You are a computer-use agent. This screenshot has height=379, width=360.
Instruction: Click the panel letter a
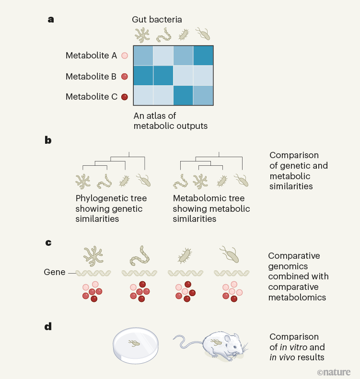tap(50, 20)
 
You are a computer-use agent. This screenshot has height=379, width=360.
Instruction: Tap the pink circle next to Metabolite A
tap(125, 56)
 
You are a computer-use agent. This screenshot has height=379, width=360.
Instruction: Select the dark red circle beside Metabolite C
tap(125, 97)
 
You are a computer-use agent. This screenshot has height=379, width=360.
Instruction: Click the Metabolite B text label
tap(91, 76)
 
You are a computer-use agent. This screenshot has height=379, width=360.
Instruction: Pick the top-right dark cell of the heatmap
tap(203, 56)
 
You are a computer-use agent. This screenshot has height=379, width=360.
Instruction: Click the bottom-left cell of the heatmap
tap(143, 95)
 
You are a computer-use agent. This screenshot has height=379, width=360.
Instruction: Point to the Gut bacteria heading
tap(157, 20)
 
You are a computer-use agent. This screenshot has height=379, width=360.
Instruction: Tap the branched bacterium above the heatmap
tap(142, 34)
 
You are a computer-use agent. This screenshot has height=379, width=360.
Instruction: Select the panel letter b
tap(48, 140)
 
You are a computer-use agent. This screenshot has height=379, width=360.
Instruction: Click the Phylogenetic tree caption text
tap(111, 208)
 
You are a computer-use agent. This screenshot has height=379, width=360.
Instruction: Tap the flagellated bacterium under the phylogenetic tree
tap(144, 180)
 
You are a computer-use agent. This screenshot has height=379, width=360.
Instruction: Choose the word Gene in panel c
tap(54, 272)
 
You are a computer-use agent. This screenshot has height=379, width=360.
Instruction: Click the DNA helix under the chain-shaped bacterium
tap(139, 273)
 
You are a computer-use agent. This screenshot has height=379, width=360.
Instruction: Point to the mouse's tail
tap(185, 343)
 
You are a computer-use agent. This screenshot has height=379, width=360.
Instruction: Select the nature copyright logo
tap(334, 372)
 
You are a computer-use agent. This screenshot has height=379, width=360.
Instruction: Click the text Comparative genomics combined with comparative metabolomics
tap(298, 276)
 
